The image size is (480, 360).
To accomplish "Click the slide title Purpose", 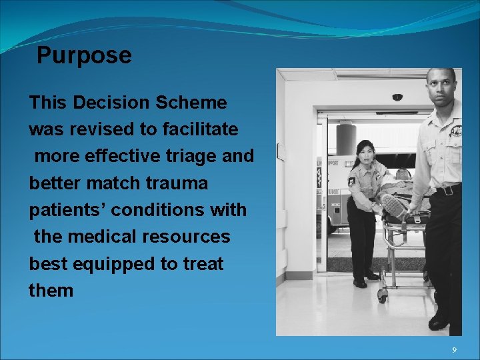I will pyautogui.click(x=84, y=55).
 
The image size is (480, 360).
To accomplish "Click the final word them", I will pyautogui.click(x=51, y=291).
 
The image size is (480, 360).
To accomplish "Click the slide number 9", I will pyautogui.click(x=454, y=351).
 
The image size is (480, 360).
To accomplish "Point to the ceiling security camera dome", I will pyautogui.click(x=397, y=97).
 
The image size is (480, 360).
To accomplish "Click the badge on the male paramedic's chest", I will pyautogui.click(x=455, y=131).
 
